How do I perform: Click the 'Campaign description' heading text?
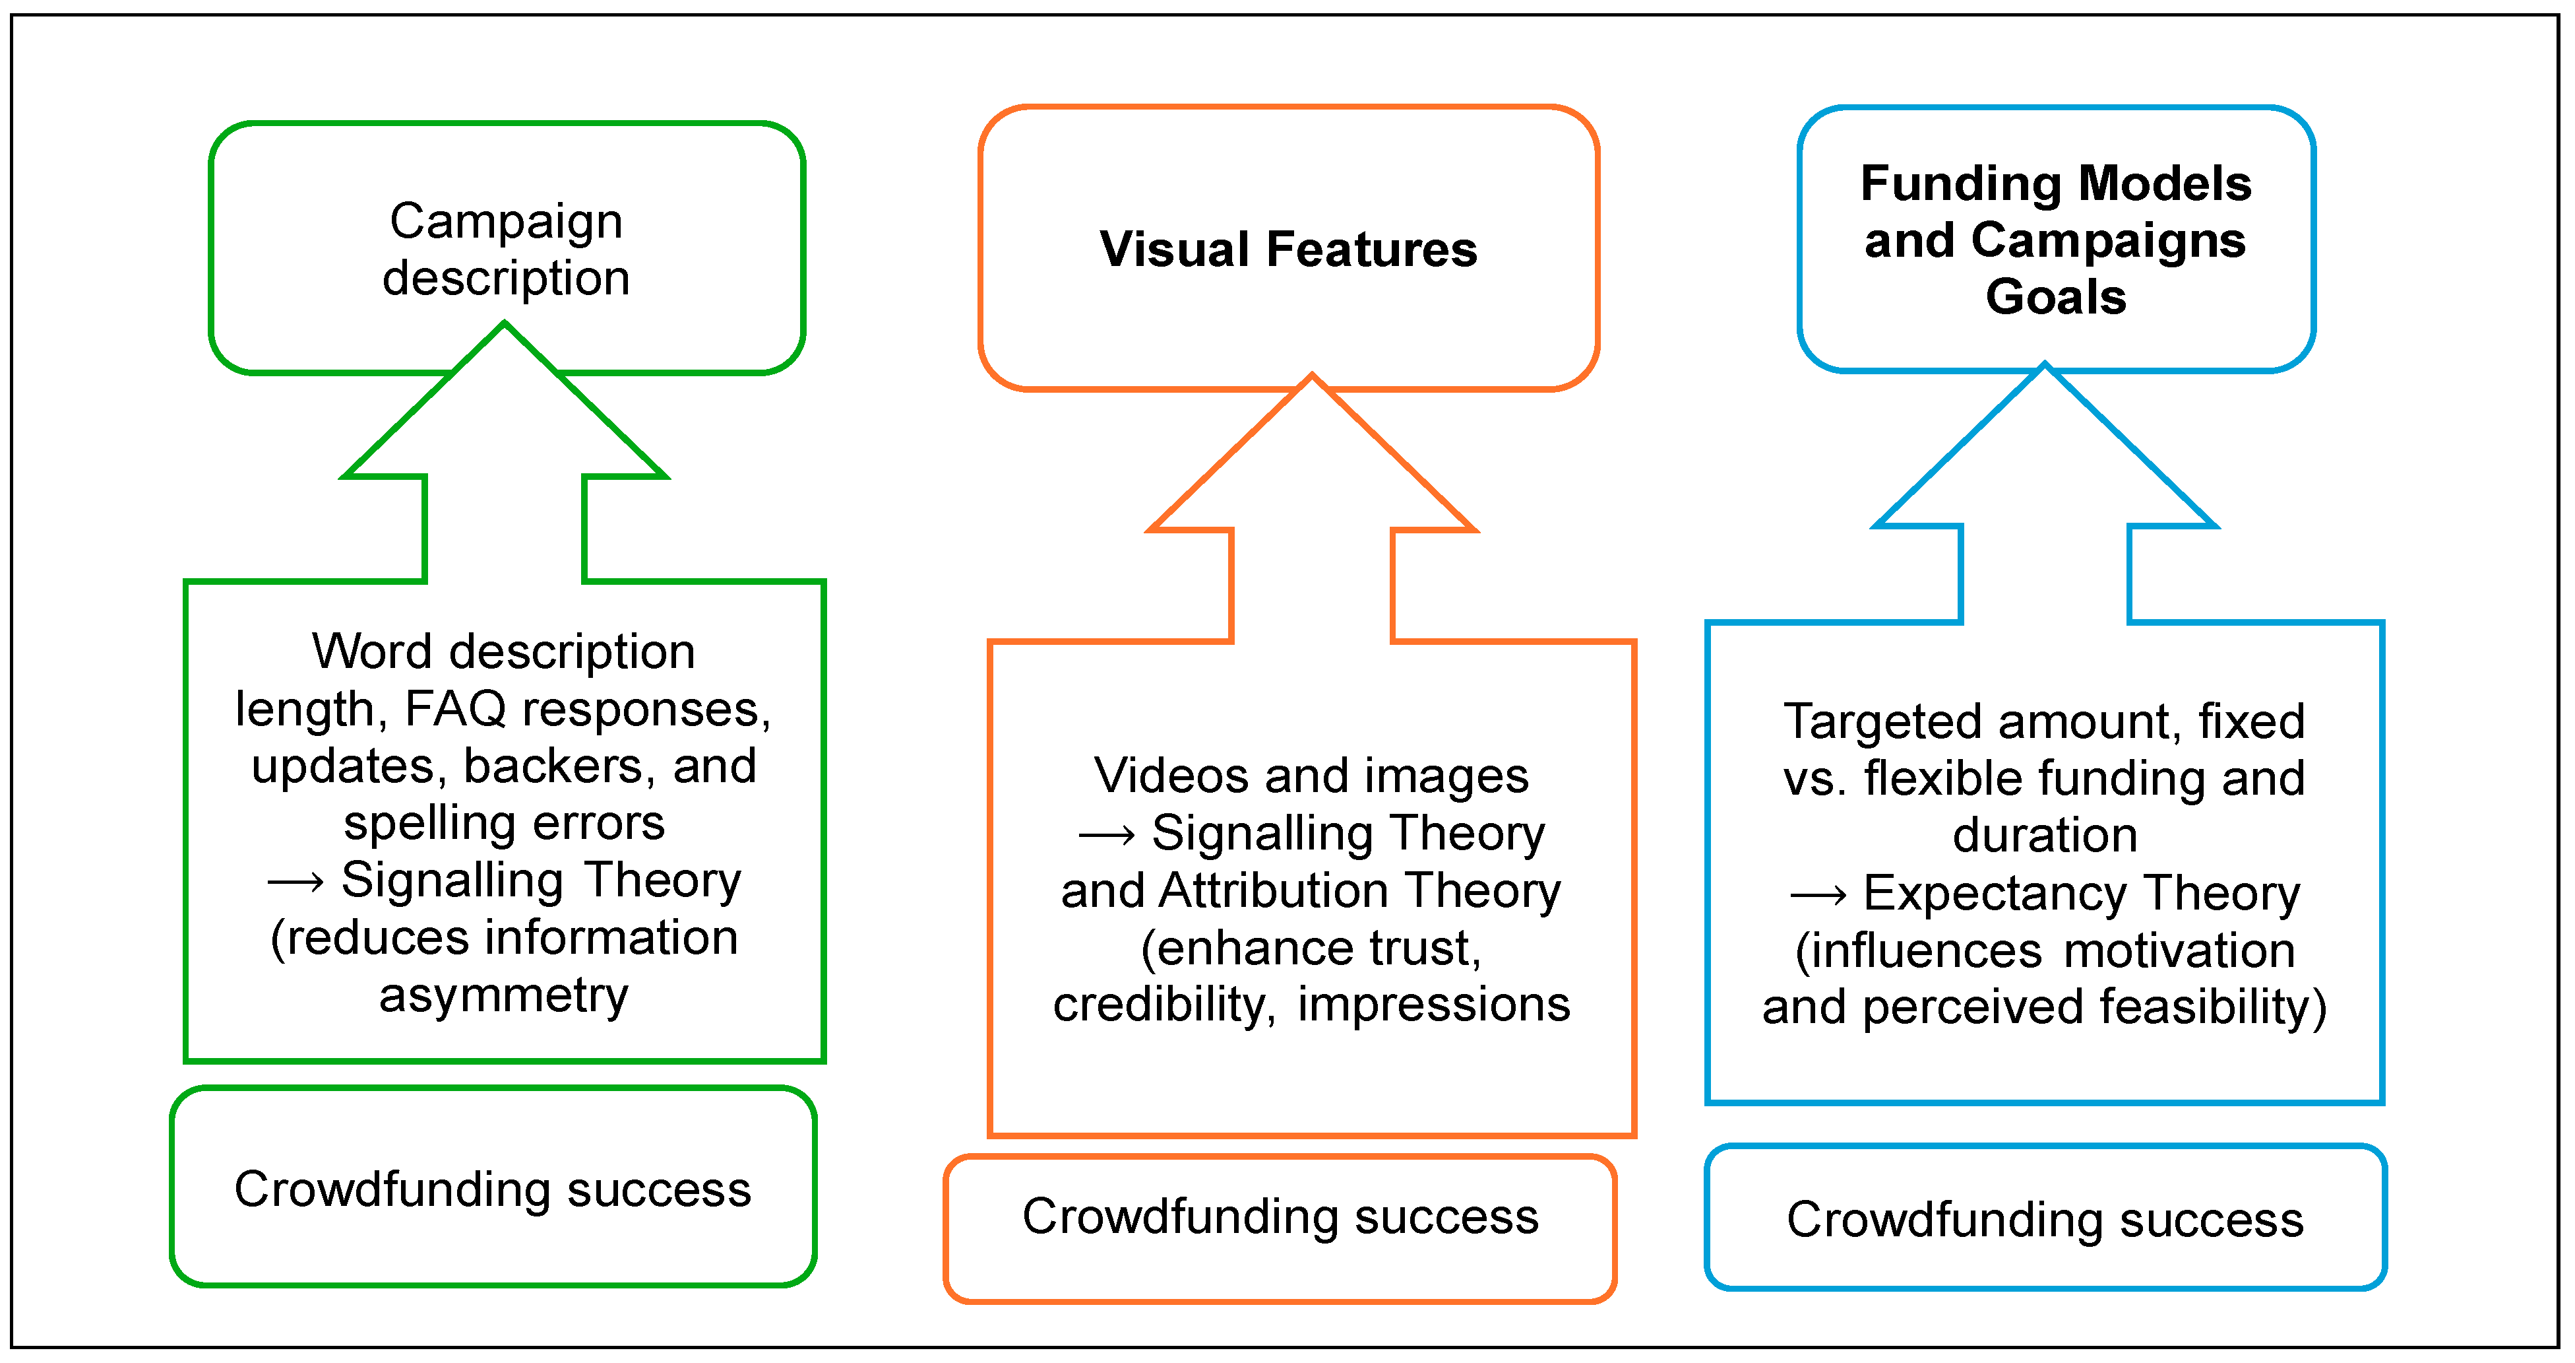point(506,249)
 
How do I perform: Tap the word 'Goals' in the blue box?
point(2055,297)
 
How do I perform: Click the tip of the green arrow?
point(505,323)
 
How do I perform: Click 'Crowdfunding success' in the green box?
point(493,1189)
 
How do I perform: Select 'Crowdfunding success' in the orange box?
point(1280,1216)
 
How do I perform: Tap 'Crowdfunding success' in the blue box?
point(2045,1220)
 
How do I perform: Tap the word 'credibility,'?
point(1165,1005)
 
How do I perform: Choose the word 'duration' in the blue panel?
point(2045,835)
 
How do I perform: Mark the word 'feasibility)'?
point(2213,1007)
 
